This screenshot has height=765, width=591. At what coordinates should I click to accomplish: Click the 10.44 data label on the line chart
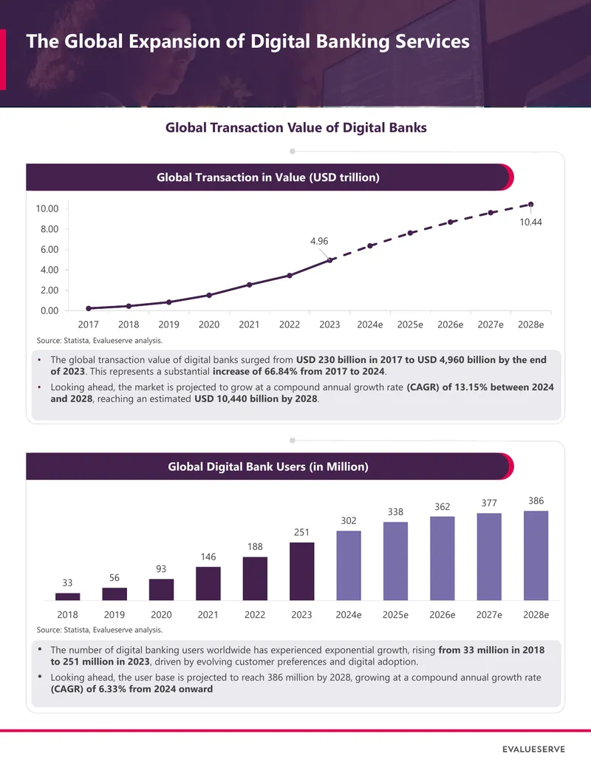pos(530,222)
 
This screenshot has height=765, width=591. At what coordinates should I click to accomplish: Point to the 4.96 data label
pos(319,241)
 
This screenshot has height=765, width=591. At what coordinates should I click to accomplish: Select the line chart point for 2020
pos(209,295)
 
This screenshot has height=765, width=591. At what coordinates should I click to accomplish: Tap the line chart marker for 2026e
pos(450,222)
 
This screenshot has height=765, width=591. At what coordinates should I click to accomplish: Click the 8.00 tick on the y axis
pos(49,229)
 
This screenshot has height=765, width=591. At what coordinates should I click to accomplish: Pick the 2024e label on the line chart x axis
pos(369,324)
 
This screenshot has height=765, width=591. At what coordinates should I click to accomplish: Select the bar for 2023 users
pos(302,571)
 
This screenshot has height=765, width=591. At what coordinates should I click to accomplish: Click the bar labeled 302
pos(349,565)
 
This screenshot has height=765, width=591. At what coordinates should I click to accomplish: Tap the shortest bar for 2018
pos(68,596)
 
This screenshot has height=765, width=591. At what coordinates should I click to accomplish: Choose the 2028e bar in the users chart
pos(536,556)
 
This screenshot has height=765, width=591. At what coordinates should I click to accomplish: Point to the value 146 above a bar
pos(208,557)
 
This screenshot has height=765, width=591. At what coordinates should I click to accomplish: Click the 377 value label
pos(489,503)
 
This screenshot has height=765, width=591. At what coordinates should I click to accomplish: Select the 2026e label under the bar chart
pos(443,615)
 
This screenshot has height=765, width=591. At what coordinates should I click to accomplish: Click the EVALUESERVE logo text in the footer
pos(533,749)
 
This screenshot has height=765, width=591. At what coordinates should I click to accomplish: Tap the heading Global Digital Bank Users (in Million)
pos(268,466)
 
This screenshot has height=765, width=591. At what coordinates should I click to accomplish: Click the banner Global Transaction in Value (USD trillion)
pos(268,177)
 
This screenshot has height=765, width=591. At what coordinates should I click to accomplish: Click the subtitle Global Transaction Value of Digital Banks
pos(296,128)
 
